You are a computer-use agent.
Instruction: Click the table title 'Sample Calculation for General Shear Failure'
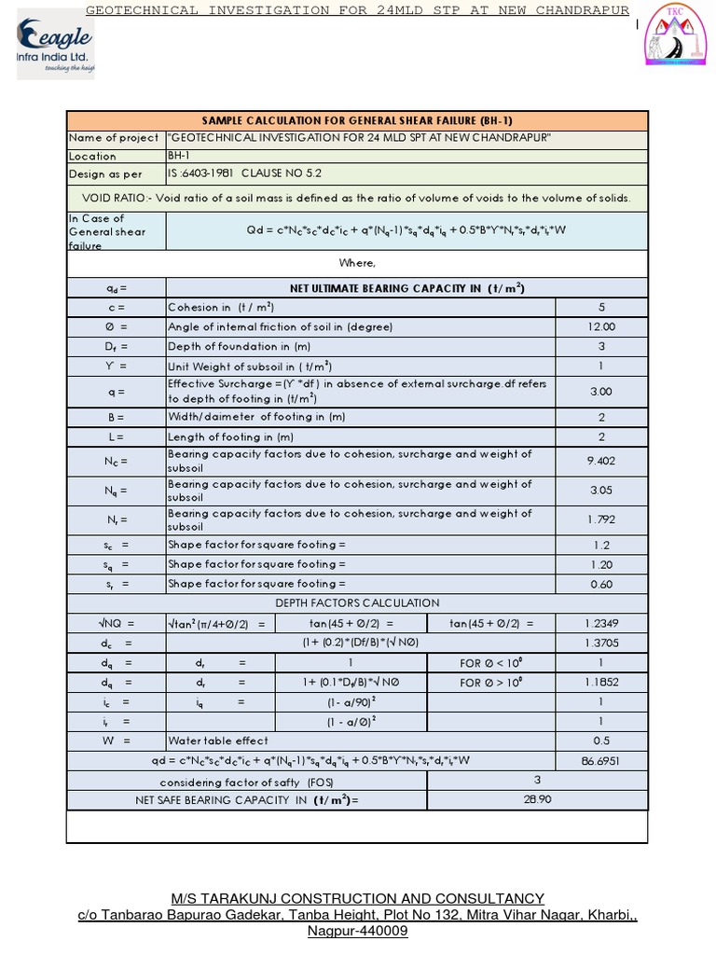click(x=357, y=120)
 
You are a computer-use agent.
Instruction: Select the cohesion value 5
click(x=601, y=307)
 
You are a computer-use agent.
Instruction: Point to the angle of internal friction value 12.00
click(x=601, y=326)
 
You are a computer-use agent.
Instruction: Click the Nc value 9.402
click(x=601, y=461)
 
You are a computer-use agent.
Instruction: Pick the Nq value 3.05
click(x=601, y=490)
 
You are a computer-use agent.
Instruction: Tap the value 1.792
click(x=601, y=519)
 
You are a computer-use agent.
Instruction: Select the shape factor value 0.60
click(x=601, y=584)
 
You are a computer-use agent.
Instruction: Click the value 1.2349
click(x=601, y=623)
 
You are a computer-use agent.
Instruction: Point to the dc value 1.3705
click(x=601, y=643)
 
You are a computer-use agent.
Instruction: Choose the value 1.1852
click(x=601, y=682)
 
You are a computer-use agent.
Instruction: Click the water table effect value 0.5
click(x=601, y=740)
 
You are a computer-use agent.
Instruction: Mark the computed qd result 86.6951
click(x=601, y=761)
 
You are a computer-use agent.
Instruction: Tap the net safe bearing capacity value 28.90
click(x=539, y=799)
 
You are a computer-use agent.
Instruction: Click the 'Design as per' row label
click(x=105, y=174)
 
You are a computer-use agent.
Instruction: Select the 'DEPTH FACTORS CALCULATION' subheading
click(x=357, y=603)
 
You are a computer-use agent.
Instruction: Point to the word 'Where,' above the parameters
click(x=357, y=264)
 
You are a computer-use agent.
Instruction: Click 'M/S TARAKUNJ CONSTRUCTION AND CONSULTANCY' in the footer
click(x=357, y=898)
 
